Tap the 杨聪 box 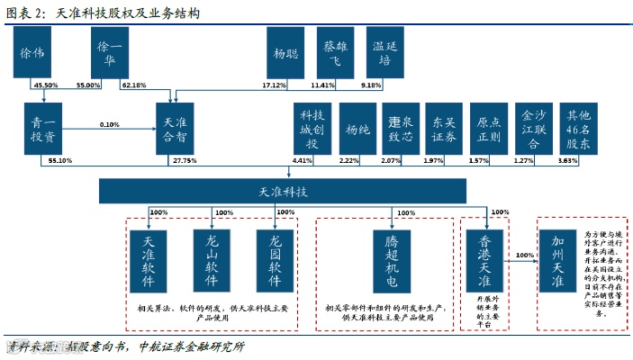tap(285, 52)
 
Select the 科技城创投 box tap(310, 129)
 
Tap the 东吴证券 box tap(444, 129)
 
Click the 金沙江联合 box tap(533, 129)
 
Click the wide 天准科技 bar tap(283, 192)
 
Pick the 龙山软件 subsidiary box tap(213, 258)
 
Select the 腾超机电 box tap(390, 258)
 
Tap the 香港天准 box tap(484, 258)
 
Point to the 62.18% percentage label tap(133, 85)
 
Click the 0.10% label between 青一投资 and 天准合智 tap(109, 124)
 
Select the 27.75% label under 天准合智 tap(185, 160)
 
